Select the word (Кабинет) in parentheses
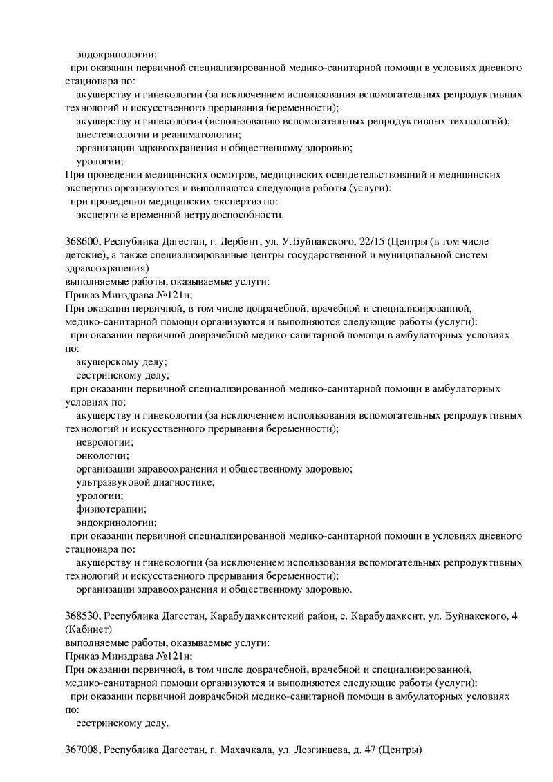click(88, 629)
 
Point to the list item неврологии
click(105, 442)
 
